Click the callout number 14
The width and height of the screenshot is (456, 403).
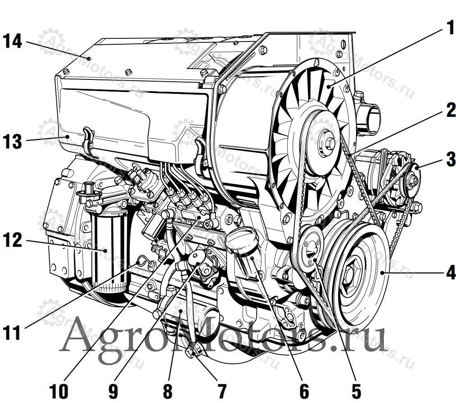13,41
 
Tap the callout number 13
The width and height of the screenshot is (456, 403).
13,142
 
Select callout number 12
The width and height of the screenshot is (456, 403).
13,240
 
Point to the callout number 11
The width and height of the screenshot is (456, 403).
12,333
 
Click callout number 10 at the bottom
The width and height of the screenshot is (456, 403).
59,391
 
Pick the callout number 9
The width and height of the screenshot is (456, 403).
114,391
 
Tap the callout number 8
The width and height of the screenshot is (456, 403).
168,391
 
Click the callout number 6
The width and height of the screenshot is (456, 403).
304,391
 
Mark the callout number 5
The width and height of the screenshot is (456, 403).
356,391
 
